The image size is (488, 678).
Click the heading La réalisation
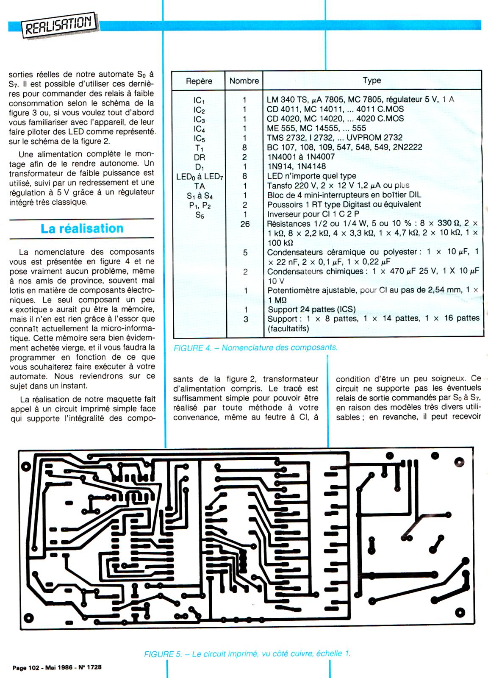click(x=82, y=228)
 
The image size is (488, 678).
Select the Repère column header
click(x=199, y=81)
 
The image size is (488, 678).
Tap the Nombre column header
click(x=244, y=81)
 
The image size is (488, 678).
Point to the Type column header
click(x=372, y=81)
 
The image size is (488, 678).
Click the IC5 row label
click(x=199, y=138)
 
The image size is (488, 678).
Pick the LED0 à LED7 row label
click(x=199, y=176)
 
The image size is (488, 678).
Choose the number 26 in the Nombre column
click(x=245, y=224)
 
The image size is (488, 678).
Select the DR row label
click(x=199, y=157)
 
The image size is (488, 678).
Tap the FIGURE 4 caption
click(x=255, y=348)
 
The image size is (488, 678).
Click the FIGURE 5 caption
click(x=247, y=653)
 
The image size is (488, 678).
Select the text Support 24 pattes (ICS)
click(x=311, y=309)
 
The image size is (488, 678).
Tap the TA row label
click(x=199, y=186)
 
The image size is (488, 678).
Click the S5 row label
click(x=199, y=214)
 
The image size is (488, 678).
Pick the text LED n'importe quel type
click(x=311, y=176)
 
